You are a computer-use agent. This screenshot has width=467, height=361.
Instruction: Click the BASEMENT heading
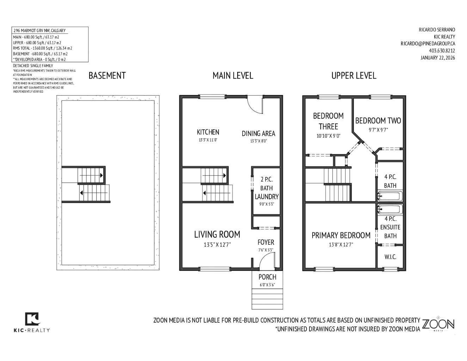pyautogui.click(x=107, y=75)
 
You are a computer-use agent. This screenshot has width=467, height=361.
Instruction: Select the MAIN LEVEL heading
pyautogui.click(x=233, y=75)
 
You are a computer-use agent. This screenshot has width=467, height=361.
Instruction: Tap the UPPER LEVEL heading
pyautogui.click(x=354, y=75)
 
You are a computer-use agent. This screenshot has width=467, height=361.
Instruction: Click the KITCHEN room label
pyautogui.click(x=208, y=132)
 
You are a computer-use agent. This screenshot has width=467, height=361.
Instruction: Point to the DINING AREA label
pyautogui.click(x=258, y=134)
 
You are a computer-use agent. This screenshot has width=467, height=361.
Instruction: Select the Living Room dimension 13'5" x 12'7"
pyautogui.click(x=217, y=245)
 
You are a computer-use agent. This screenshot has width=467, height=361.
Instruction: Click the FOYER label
pyautogui.click(x=266, y=242)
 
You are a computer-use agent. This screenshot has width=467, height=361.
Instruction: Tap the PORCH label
pyautogui.click(x=267, y=277)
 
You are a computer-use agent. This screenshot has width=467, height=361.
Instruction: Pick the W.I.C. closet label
pyautogui.click(x=390, y=257)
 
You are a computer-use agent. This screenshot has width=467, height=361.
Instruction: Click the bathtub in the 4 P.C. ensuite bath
pyautogui.click(x=390, y=209)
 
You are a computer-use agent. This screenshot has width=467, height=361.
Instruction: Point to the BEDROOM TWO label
pyautogui.click(x=378, y=121)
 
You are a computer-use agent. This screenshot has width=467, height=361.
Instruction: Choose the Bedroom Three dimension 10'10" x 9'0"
pyautogui.click(x=328, y=136)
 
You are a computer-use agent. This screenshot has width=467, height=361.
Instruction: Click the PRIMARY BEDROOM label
pyautogui.click(x=341, y=235)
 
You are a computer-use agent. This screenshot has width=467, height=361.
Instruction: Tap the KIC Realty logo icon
pyautogui.click(x=32, y=319)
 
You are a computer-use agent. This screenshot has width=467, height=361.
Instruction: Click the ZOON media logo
pyautogui.click(x=438, y=324)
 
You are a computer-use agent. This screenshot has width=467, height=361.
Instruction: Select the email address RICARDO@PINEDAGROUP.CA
pyautogui.click(x=428, y=44)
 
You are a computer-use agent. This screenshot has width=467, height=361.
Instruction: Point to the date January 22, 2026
pyautogui.click(x=437, y=58)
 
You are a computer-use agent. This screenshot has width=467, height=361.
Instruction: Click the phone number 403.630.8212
pyautogui.click(x=442, y=51)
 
